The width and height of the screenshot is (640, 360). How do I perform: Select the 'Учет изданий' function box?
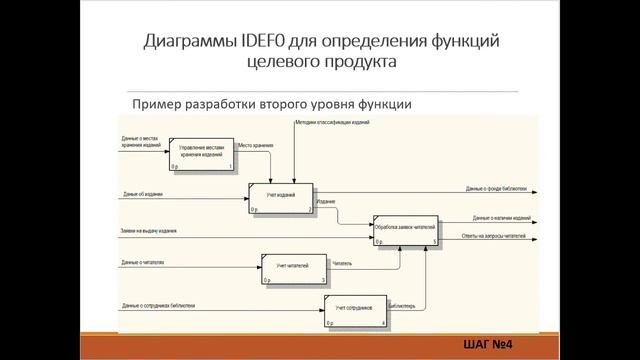coord(280,198)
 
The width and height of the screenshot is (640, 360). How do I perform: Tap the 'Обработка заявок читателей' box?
coord(405,230)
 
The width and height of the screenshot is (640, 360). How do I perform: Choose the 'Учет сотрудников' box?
coord(354,312)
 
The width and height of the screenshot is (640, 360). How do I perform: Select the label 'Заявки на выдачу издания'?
coord(149,231)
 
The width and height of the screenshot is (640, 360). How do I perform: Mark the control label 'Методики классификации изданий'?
coord(333,123)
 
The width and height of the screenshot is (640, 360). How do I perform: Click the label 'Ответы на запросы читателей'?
coord(494,236)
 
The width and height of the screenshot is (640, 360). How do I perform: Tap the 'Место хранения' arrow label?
coord(256,145)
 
